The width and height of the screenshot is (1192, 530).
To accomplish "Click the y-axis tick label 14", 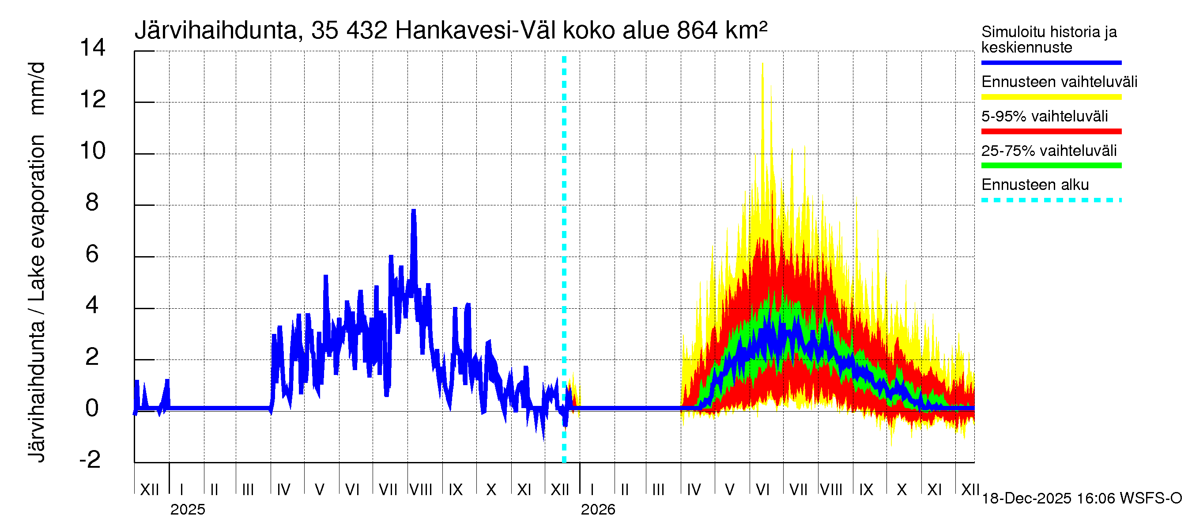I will tap(93, 48).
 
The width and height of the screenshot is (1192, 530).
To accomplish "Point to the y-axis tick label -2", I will tap(90, 459).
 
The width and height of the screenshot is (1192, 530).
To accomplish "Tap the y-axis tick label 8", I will tap(92, 202).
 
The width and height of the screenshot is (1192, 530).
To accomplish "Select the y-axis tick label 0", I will tap(92, 408).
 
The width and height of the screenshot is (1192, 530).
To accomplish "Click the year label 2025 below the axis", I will tap(187, 510).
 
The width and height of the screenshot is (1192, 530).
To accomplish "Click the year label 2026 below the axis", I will tap(598, 510).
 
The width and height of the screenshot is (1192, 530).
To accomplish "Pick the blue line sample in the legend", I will tap(1051, 62).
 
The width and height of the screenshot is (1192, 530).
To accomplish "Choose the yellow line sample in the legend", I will tap(1051, 97).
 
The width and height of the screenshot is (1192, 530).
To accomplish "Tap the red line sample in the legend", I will tap(1051, 132).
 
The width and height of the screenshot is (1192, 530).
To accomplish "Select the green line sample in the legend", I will tap(1051, 166).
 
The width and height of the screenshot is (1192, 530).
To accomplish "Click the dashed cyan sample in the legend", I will tap(1051, 201).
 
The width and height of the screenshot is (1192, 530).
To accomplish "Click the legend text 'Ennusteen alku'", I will tap(1035, 185).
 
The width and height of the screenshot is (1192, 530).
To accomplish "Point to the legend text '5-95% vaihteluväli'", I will tap(1045, 116).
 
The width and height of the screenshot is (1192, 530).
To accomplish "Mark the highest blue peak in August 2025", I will tap(414, 211).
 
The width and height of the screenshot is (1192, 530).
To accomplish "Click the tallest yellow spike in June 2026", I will tap(762, 64).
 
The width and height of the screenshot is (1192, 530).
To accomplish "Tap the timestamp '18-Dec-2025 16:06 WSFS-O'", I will tap(1081, 499).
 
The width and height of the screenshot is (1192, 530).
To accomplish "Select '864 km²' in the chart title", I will tap(722, 30).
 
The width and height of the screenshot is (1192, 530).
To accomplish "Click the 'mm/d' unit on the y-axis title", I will tap(37, 88).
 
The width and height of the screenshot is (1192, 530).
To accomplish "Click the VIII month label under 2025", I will tap(421, 489).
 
